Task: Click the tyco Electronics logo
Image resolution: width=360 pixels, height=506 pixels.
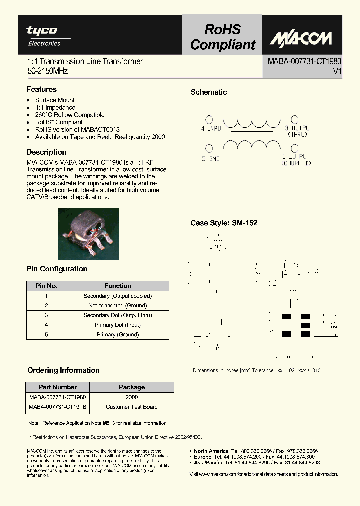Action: (x=43, y=35)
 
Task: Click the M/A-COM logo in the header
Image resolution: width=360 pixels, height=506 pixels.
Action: (x=302, y=37)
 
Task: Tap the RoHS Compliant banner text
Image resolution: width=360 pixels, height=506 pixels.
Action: (x=222, y=37)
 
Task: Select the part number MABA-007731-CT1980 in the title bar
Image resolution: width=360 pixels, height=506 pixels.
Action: (x=304, y=61)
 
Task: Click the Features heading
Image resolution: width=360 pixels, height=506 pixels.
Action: (x=42, y=89)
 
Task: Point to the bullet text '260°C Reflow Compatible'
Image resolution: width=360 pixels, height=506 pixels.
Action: (x=70, y=115)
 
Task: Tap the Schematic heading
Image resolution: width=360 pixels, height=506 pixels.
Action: (x=209, y=92)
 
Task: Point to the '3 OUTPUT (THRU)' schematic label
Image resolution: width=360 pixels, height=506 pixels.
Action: (x=298, y=131)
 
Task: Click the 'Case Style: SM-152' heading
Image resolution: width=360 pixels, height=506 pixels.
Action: (x=224, y=223)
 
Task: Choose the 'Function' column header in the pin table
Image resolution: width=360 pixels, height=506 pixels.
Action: (x=118, y=286)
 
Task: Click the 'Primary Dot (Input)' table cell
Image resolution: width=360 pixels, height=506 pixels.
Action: (x=118, y=325)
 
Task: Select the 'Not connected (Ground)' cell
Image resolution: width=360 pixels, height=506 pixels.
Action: (x=118, y=305)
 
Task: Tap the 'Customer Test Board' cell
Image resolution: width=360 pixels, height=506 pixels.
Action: (x=132, y=407)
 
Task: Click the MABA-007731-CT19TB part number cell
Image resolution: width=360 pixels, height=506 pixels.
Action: (x=58, y=407)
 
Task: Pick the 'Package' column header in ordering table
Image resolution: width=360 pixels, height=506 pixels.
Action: (x=132, y=387)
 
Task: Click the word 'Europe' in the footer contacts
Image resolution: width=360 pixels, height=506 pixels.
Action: (x=203, y=457)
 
